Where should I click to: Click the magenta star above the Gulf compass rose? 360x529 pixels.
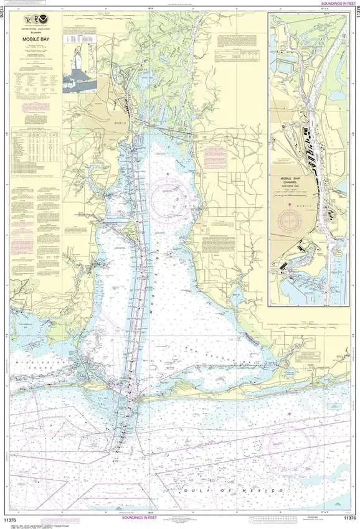pos(289,413)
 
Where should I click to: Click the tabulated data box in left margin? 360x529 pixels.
pos(37,147)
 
